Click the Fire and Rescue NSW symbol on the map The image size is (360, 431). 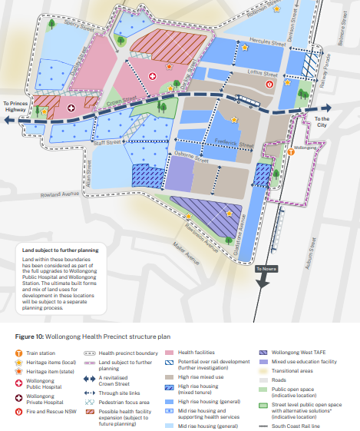pyautogui.click(x=269, y=84)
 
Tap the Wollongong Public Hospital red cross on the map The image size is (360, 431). pyautogui.click(x=152, y=76)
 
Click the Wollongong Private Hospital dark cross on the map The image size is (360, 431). pyautogui.click(x=71, y=108)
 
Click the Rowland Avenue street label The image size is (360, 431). pyautogui.click(x=61, y=194)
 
